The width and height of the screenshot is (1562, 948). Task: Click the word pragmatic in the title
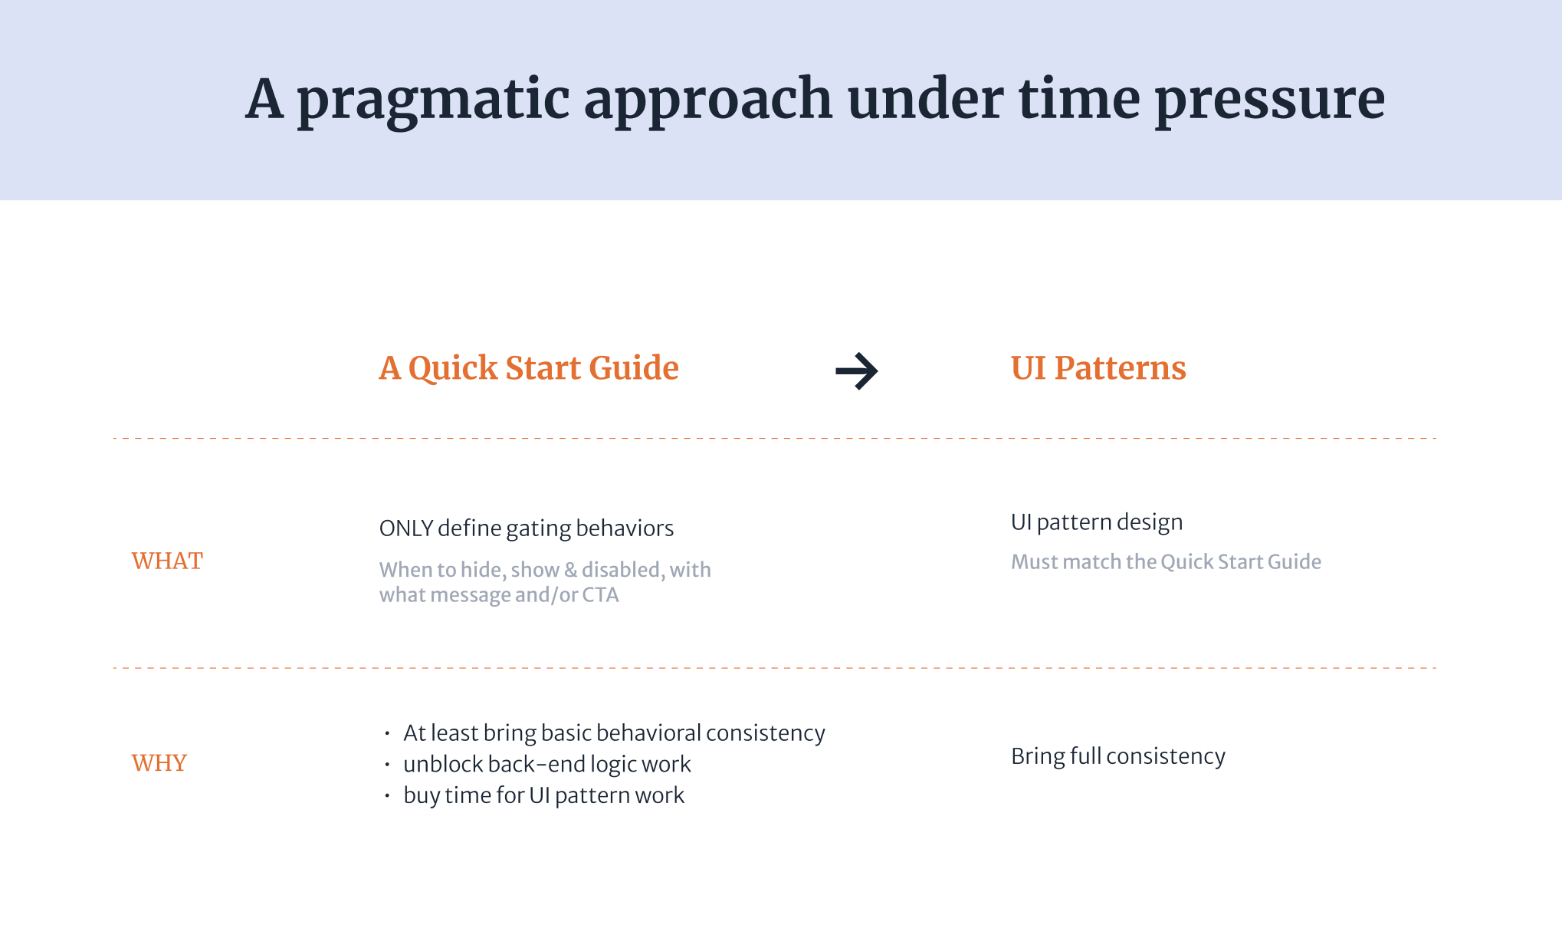(x=433, y=100)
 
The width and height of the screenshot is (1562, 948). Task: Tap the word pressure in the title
(x=1270, y=100)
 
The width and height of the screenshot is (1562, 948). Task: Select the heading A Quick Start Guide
(x=529, y=368)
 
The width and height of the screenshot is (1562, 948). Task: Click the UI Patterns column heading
(x=1098, y=368)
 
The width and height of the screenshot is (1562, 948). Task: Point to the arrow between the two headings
(x=857, y=371)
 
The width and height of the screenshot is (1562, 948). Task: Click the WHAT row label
(x=167, y=561)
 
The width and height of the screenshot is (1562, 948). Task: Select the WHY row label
(x=159, y=762)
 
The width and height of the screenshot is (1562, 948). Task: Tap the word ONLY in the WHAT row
(x=406, y=528)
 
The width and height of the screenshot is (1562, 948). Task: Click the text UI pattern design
(x=1097, y=523)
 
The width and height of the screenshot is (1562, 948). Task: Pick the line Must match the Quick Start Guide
(x=1166, y=561)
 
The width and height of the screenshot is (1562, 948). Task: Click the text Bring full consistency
(x=1118, y=756)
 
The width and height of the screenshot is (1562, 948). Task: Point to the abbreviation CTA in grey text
(x=600, y=595)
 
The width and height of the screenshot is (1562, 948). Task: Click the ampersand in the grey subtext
(x=570, y=570)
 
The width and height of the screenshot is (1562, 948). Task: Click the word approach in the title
(x=708, y=100)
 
